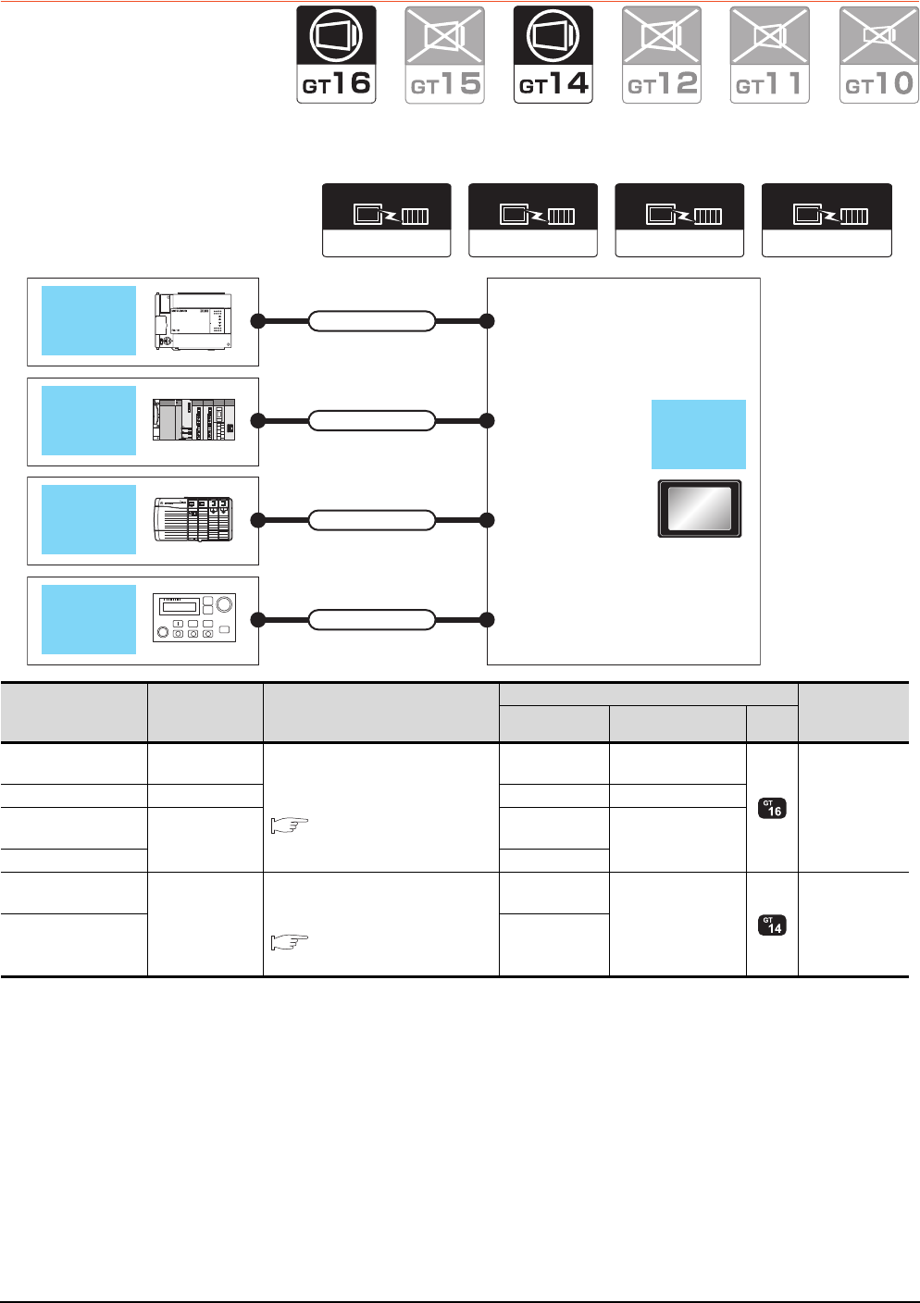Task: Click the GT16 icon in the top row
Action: pos(336,55)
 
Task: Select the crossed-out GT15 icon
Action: pos(444,55)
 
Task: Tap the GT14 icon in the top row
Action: pos(553,55)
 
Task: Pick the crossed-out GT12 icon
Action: pos(662,55)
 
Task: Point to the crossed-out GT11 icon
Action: pos(770,55)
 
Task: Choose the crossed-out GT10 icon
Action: pos(878,55)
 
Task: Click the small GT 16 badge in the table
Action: pos(772,808)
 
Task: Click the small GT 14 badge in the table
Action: pos(772,925)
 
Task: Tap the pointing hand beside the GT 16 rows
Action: pos(290,825)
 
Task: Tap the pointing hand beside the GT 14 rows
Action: pos(290,942)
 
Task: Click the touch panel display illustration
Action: pos(700,509)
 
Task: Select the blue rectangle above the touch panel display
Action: pos(699,434)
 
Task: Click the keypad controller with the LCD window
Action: pos(194,618)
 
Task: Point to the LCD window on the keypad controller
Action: pos(180,607)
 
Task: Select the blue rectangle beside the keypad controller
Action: pos(89,619)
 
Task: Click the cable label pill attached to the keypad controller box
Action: pos(371,619)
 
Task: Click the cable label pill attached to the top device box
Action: pos(371,321)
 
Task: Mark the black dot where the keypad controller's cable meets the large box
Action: pos(487,619)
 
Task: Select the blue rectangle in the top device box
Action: pos(89,320)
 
